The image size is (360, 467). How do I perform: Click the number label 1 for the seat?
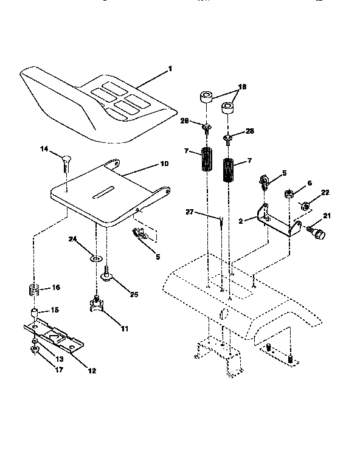(x=170, y=69)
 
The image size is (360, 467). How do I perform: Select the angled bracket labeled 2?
(x=277, y=220)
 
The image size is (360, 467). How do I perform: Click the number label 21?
(x=327, y=216)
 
